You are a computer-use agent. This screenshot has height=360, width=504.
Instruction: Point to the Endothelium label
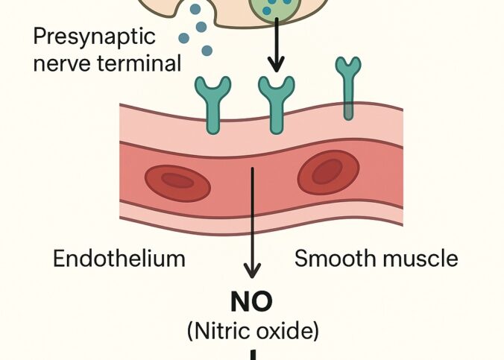(119, 259)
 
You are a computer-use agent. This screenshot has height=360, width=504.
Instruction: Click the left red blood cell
(177, 183)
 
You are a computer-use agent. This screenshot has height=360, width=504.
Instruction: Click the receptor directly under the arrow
(275, 101)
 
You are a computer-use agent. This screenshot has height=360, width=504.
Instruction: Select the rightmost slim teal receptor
(347, 86)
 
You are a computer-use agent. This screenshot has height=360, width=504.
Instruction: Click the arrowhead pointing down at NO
(253, 271)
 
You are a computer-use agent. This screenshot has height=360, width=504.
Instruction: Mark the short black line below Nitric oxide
(253, 355)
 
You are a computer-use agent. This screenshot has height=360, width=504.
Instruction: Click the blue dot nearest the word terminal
(207, 51)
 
